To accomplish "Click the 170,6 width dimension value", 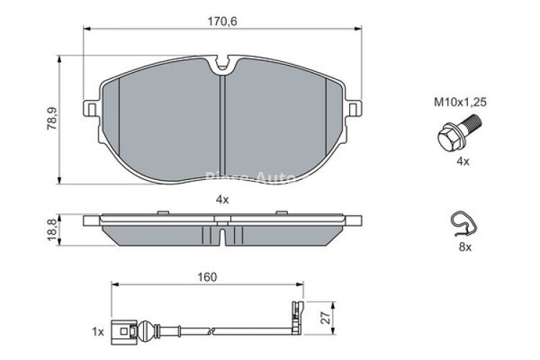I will click(x=222, y=22).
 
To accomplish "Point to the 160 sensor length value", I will click(x=207, y=276).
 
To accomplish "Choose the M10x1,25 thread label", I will click(x=460, y=103).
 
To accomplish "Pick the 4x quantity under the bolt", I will click(x=462, y=162).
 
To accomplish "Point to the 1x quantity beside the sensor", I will click(x=98, y=332).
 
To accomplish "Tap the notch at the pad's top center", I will click(x=223, y=66).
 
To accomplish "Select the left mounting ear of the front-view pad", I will click(x=91, y=107).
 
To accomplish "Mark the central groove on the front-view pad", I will click(x=223, y=122).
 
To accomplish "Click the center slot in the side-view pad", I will click(x=223, y=235).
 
